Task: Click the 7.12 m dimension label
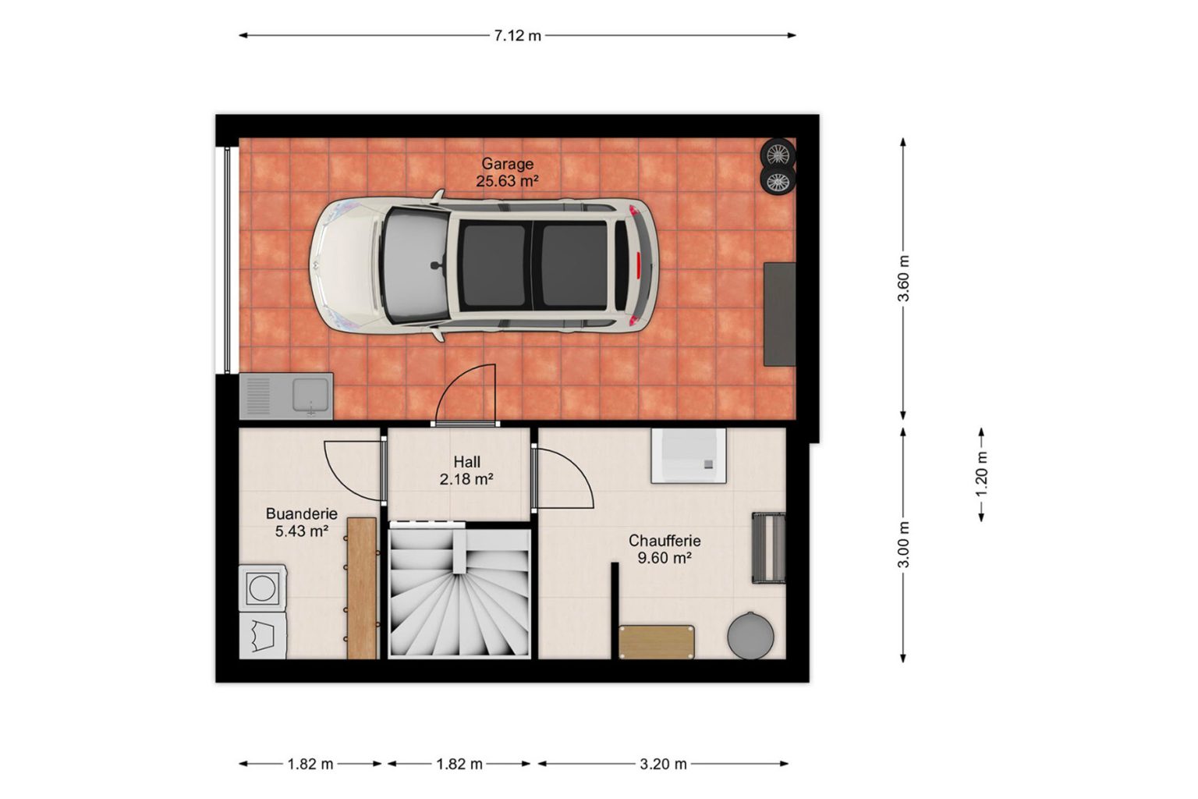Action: (517, 36)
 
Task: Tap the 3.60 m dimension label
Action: (903, 279)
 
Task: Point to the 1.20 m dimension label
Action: (981, 474)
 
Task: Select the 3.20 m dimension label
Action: (663, 764)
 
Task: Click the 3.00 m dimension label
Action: (903, 545)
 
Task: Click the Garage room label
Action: (507, 172)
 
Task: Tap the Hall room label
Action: (466, 471)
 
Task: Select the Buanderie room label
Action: (302, 522)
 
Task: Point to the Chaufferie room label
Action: (665, 549)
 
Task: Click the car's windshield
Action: (416, 266)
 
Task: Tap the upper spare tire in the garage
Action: (778, 154)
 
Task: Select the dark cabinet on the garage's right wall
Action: (780, 314)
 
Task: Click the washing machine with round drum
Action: (262, 588)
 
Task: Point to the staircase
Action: (459, 593)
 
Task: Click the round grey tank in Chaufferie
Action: (750, 636)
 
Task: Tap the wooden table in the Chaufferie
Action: (656, 642)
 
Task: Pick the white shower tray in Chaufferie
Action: (689, 456)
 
